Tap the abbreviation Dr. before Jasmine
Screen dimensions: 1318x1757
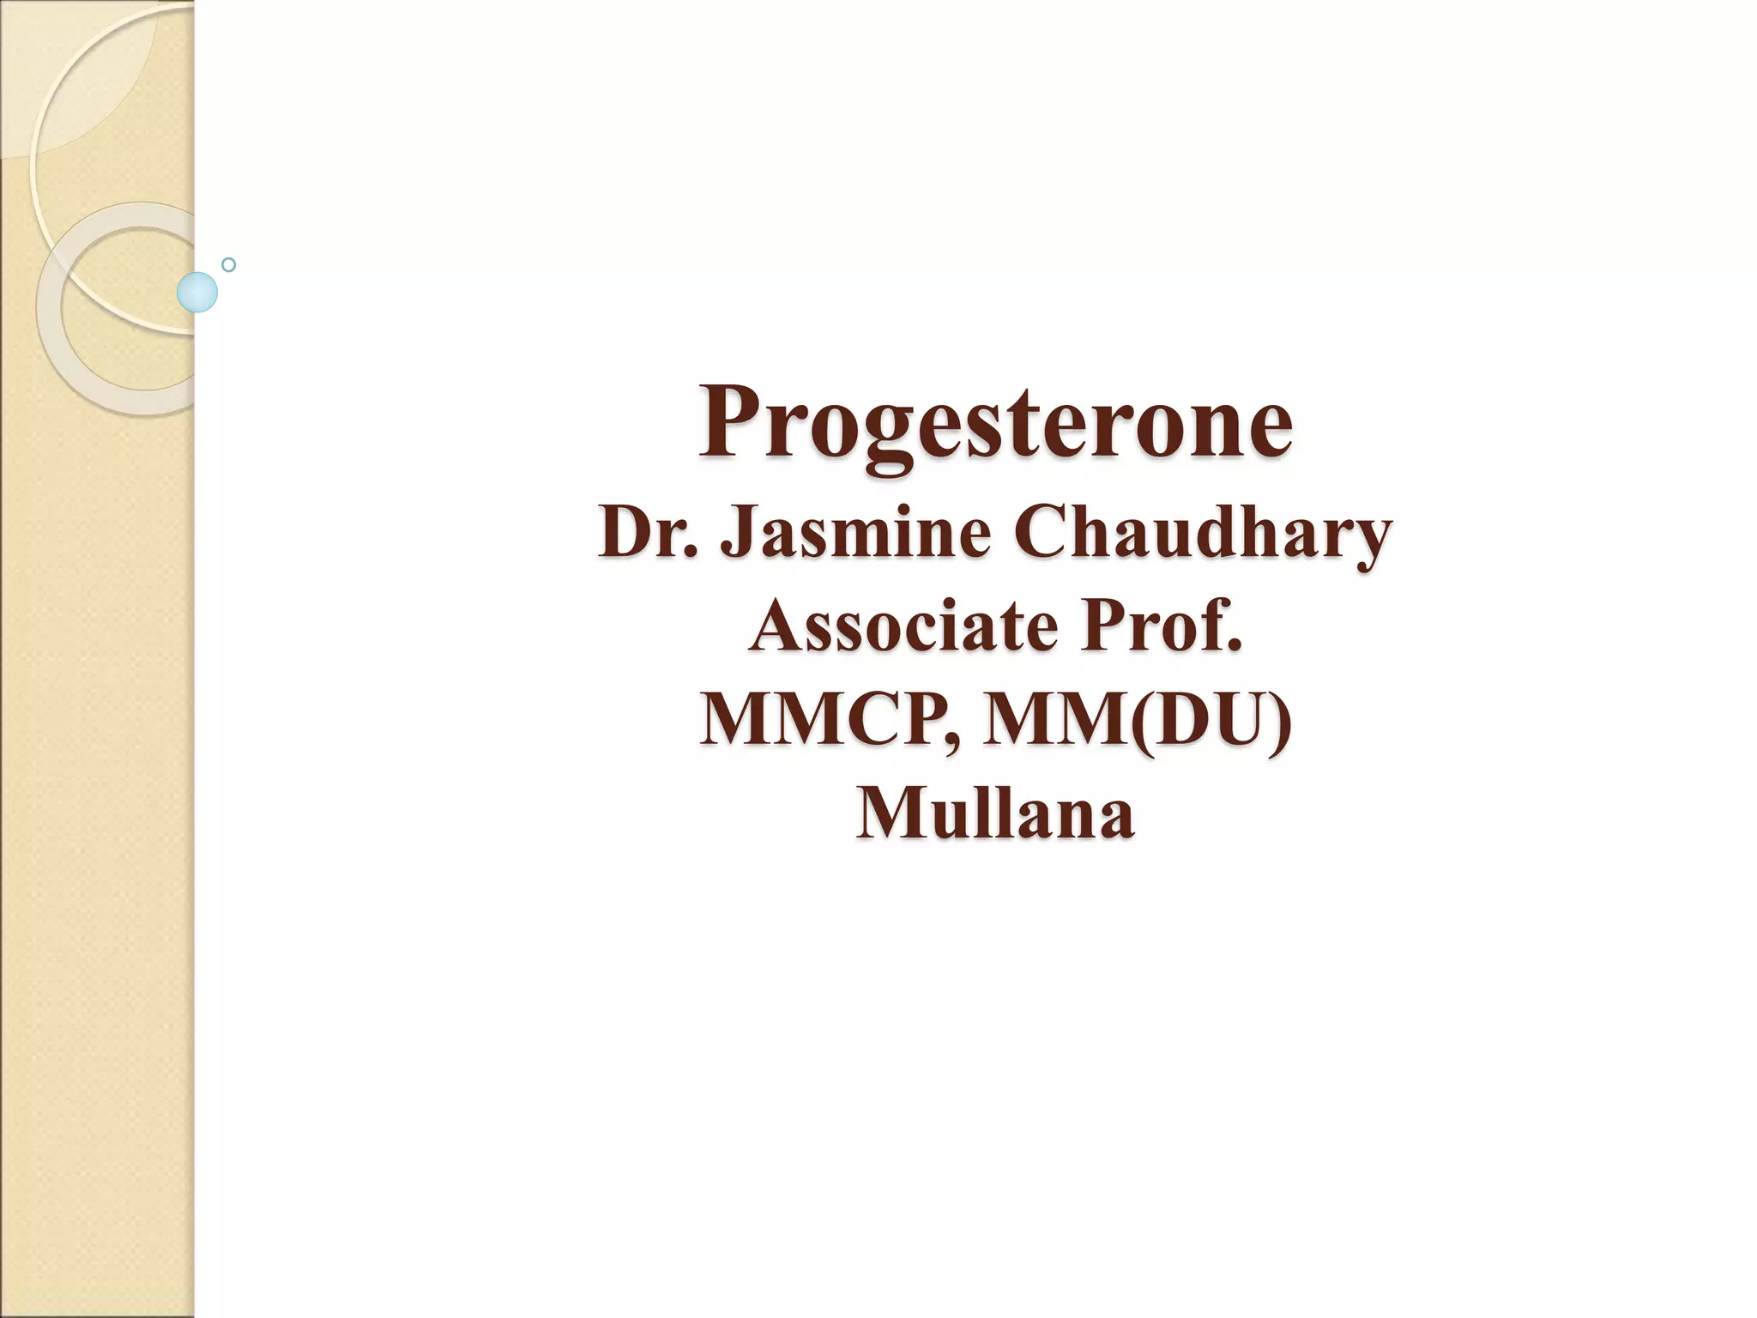(651, 533)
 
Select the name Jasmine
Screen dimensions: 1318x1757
(855, 533)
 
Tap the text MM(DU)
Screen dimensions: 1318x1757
(1137, 720)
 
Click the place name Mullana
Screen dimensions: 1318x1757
(995, 813)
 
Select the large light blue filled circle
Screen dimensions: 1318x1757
(197, 292)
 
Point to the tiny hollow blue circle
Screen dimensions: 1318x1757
(228, 264)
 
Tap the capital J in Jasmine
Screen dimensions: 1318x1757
(736, 533)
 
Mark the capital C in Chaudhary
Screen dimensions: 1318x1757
(1038, 533)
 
